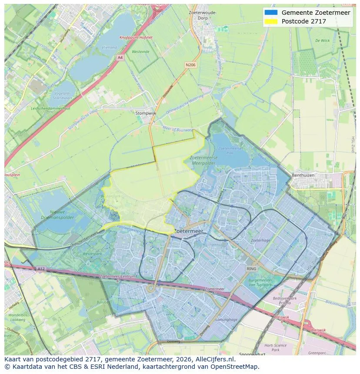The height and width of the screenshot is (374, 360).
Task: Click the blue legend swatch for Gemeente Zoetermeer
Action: pyautogui.click(x=270, y=13)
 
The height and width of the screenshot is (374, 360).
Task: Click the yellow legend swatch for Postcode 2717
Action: pyautogui.click(x=270, y=21)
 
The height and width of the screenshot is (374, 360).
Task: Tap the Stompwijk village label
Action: pyautogui.click(x=145, y=113)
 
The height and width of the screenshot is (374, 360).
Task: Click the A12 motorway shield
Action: pyautogui.click(x=40, y=269)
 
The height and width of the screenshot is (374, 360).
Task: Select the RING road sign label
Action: pyautogui.click(x=251, y=269)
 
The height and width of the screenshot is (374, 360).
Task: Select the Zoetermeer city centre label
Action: pyautogui.click(x=189, y=232)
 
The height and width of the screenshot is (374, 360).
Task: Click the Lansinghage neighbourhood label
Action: pyautogui.click(x=226, y=319)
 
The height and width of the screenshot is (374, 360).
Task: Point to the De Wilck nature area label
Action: pyautogui.click(x=322, y=40)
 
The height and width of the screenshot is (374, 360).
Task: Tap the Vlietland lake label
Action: pyautogui.click(x=109, y=47)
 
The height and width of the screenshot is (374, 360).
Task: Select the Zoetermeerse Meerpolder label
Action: pyautogui.click(x=203, y=160)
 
